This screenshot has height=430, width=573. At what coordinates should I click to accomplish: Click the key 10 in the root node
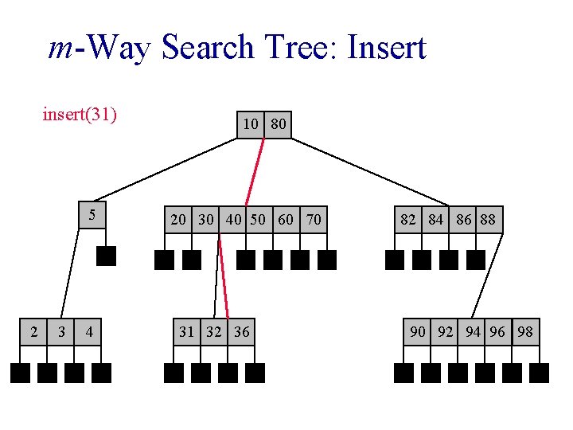coord(251,124)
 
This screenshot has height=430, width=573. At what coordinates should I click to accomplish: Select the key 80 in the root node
coord(278,124)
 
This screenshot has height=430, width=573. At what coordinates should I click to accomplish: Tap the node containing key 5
coord(92,215)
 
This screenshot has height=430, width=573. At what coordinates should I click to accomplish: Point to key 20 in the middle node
coord(179,219)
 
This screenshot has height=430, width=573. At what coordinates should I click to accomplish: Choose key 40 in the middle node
coord(234,219)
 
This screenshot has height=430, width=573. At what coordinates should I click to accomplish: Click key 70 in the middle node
coord(314,219)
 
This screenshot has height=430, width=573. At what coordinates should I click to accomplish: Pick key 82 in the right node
coord(408,219)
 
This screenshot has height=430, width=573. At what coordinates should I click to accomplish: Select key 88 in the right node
coord(488,219)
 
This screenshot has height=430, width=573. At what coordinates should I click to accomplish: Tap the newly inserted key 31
coord(186,331)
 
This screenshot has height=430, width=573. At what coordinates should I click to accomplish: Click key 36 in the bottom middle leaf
coord(241,331)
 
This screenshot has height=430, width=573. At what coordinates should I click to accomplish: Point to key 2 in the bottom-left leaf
coord(33,331)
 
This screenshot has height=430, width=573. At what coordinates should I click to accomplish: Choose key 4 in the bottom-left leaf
coord(89,331)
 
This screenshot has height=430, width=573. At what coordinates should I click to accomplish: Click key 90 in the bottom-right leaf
coord(418,331)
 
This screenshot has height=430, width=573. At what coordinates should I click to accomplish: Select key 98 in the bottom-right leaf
coord(525,331)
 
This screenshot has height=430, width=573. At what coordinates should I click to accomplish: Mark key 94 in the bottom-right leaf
coord(473,331)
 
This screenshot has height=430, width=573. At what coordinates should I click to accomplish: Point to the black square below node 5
coord(106,256)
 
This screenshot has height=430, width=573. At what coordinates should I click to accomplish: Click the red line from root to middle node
coord(255,171)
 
